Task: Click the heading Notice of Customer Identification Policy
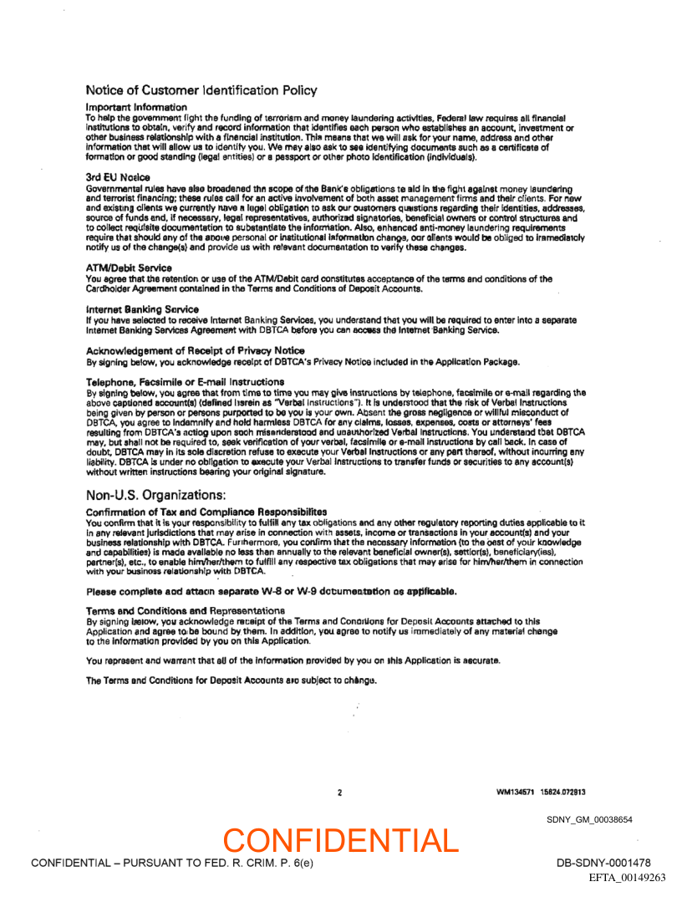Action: point(201,89)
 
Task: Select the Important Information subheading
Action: point(136,108)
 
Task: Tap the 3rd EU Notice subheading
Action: point(118,177)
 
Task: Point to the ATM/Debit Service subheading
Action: point(129,268)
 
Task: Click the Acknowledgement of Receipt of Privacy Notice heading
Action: point(195,350)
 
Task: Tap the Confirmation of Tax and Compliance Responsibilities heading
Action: point(206,511)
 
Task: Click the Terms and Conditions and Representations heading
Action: point(186,611)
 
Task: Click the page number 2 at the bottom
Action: point(339,792)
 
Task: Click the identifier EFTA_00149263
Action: point(627,878)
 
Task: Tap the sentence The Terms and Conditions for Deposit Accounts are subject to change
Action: point(232,680)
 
